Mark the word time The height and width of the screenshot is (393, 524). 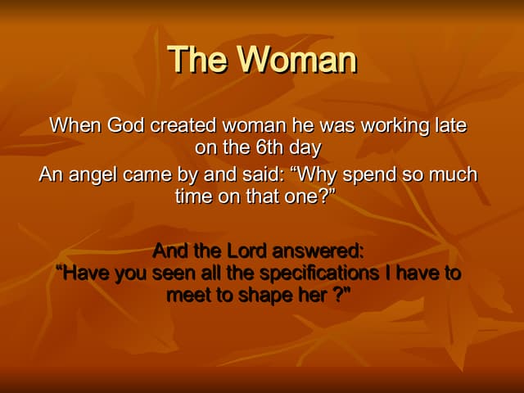pos(193,197)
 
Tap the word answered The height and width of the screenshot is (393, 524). pos(321,250)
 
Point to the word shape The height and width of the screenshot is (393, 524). pos(264,296)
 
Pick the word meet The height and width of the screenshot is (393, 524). pos(187,296)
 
